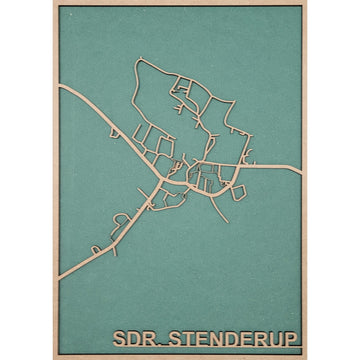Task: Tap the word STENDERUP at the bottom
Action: [x=234, y=336]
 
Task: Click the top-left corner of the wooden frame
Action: [x=52, y=3]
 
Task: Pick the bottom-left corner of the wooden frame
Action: [x=52, y=357]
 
